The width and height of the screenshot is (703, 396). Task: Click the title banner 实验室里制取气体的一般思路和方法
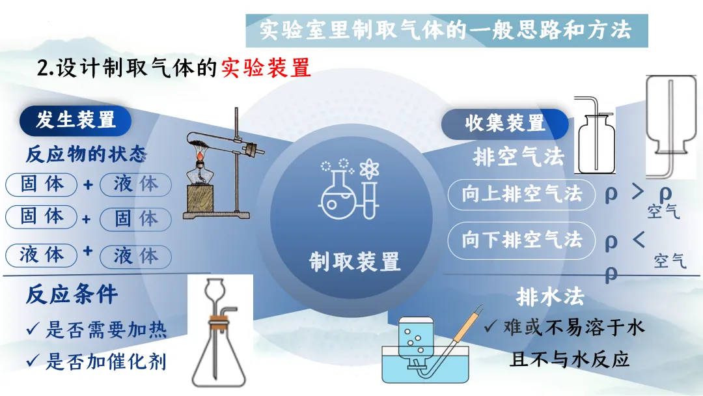point(446,30)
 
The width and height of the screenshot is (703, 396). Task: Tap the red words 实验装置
point(266,68)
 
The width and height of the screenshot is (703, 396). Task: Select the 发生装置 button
point(76,120)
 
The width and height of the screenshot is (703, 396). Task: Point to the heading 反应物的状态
point(86,154)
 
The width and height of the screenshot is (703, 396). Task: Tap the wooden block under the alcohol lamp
point(202,199)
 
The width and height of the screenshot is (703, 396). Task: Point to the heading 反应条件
point(72,294)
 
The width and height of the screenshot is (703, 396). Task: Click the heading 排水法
point(550,297)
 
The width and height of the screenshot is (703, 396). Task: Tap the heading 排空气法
point(518,158)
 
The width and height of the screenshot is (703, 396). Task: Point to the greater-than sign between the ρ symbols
point(638,192)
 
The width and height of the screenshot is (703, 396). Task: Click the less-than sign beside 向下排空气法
point(639,239)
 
